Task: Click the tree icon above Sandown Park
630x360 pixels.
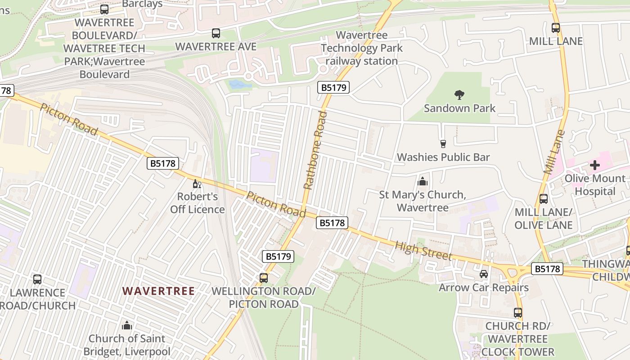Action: [x=459, y=94]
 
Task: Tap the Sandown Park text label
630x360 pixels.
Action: [x=459, y=108]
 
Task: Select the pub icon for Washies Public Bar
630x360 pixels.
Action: [x=443, y=144]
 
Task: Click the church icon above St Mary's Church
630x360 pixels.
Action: [x=422, y=181]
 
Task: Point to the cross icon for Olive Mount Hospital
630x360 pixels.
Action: [x=595, y=165]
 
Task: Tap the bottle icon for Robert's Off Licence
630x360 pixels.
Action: [x=197, y=184]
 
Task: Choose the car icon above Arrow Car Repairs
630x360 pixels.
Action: [x=483, y=274]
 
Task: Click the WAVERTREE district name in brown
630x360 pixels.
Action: [x=158, y=291]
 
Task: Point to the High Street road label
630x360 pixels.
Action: [x=423, y=250]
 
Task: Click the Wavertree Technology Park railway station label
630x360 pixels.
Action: [x=362, y=48]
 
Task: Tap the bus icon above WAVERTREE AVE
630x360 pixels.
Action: [x=216, y=33]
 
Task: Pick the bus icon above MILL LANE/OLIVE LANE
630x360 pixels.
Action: [x=544, y=198]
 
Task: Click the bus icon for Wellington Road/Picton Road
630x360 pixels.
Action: [x=264, y=278]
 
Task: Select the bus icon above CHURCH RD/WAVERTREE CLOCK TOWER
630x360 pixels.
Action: [x=518, y=312]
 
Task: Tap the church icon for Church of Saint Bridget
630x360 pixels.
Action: [x=127, y=325]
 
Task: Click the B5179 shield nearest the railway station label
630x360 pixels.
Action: [x=333, y=87]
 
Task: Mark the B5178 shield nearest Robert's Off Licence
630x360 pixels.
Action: [x=163, y=163]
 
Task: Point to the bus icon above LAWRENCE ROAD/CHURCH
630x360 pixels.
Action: [x=37, y=279]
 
